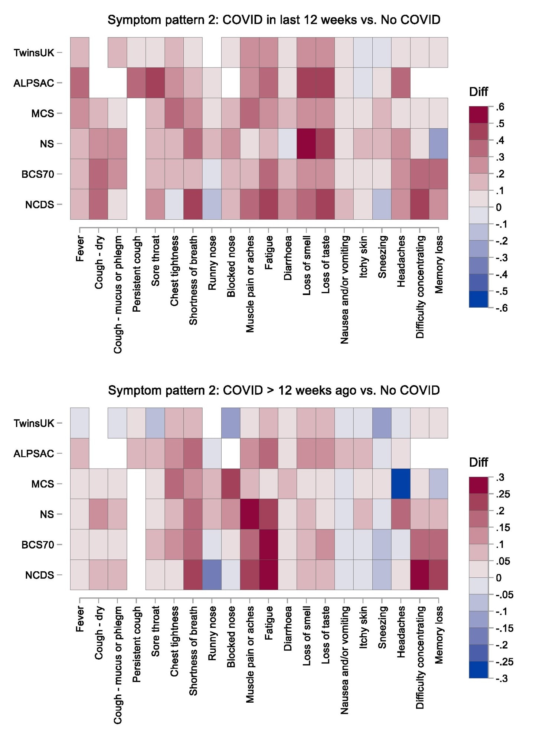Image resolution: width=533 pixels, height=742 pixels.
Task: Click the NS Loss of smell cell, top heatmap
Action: click(x=306, y=144)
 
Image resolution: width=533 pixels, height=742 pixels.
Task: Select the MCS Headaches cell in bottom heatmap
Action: click(x=401, y=483)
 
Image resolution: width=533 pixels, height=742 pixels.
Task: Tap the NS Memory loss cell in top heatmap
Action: click(x=438, y=144)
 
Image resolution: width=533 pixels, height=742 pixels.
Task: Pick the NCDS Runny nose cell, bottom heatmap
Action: click(x=212, y=575)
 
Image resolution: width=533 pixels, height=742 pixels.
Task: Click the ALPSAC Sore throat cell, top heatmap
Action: click(x=155, y=83)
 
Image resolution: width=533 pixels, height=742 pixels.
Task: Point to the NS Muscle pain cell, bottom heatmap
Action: click(x=250, y=514)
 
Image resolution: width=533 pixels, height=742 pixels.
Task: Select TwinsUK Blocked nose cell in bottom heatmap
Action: click(x=231, y=423)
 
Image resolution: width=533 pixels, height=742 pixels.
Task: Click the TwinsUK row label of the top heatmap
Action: click(x=34, y=53)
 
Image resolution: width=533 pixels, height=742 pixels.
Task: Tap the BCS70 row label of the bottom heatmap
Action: click(x=37, y=545)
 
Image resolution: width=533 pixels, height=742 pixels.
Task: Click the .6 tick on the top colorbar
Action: click(x=500, y=107)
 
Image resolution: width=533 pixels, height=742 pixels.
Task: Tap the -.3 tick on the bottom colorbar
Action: click(x=501, y=679)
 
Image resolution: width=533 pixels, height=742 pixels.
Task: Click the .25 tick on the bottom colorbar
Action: click(x=503, y=494)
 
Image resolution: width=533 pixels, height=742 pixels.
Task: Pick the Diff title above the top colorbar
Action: click(x=478, y=92)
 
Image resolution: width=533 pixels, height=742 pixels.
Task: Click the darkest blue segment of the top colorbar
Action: click(x=478, y=299)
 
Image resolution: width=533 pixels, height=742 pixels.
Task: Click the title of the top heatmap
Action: click(x=274, y=20)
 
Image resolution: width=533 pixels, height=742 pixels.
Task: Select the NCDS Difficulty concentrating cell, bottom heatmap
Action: click(x=419, y=575)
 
